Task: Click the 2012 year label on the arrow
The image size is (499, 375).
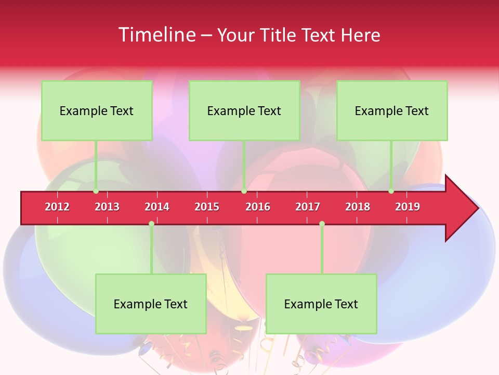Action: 57,207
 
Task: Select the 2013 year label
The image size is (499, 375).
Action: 107,207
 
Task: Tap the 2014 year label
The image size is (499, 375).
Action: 157,207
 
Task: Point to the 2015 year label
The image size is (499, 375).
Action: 207,207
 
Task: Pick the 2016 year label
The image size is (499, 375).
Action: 258,207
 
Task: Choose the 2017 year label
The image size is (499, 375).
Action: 308,207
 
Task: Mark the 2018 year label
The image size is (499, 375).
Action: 358,207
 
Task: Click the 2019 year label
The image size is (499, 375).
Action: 408,207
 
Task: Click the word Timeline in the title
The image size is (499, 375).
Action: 156,35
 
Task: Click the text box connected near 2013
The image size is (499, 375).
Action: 97,110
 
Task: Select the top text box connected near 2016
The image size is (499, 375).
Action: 244,110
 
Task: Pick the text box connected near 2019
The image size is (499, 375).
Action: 392,110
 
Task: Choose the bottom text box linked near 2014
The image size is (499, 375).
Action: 151,304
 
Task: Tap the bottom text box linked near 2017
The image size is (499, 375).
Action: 321,304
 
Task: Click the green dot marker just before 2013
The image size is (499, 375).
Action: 96,191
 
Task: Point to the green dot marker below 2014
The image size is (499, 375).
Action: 151,224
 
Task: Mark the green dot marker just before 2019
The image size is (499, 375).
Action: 391,191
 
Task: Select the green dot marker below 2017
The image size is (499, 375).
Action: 322,224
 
